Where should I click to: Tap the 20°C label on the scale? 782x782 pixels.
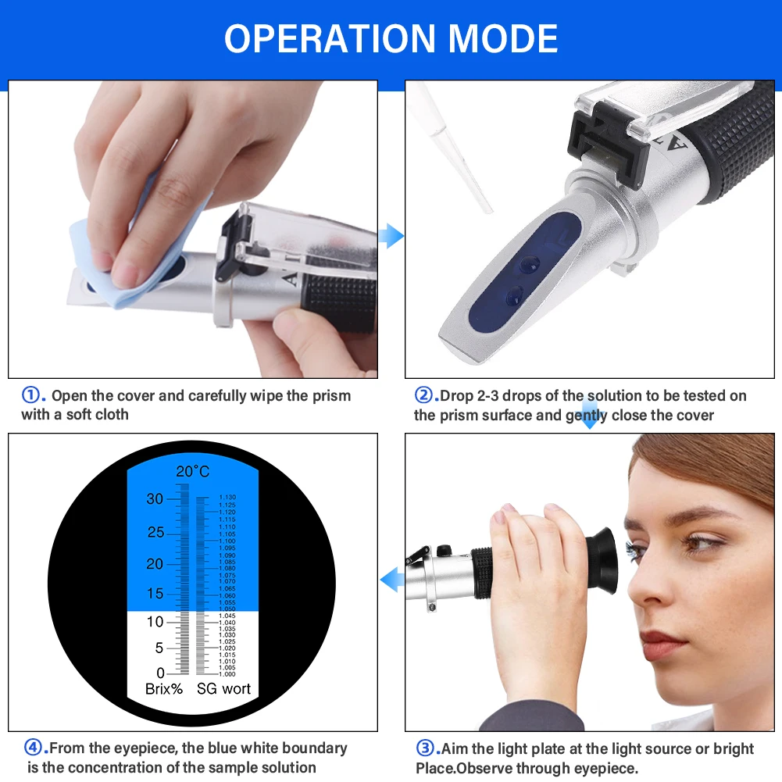[x=192, y=471]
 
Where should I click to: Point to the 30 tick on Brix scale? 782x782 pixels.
[x=155, y=499]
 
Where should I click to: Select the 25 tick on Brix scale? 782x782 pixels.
[x=155, y=533]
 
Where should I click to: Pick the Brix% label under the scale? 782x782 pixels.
[x=164, y=689]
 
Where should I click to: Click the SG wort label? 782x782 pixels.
[x=223, y=689]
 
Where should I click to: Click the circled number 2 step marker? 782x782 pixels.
[x=423, y=395]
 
